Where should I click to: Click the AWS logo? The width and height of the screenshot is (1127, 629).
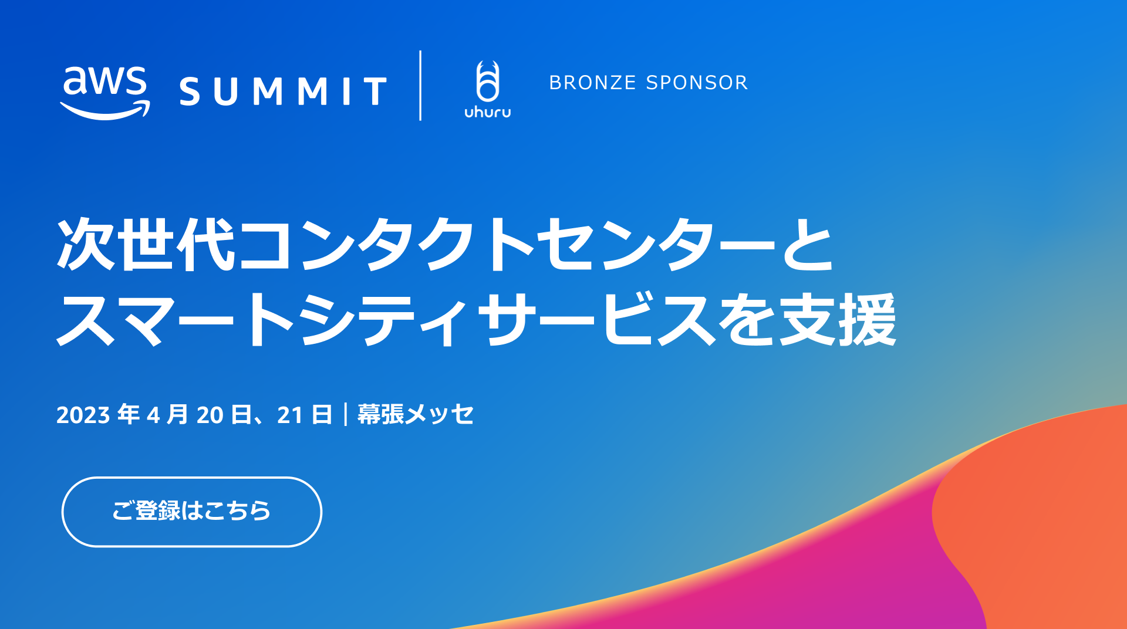click(105, 93)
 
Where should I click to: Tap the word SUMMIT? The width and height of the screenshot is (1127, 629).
click(283, 92)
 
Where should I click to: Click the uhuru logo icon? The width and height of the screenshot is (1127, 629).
click(488, 81)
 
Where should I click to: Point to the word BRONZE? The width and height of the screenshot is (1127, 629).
click(592, 83)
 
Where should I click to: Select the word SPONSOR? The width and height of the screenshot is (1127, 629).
click(697, 83)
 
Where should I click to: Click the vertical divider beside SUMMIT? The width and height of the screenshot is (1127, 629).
click(420, 86)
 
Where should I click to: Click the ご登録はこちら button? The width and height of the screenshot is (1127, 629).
click(192, 512)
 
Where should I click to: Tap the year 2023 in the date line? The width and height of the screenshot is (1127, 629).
click(83, 415)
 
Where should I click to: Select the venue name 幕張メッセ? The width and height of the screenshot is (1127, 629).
click(415, 414)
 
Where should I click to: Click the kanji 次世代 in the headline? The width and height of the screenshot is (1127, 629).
click(146, 244)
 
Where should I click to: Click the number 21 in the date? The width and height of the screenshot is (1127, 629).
click(289, 415)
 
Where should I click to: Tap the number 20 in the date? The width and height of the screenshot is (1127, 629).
click(210, 415)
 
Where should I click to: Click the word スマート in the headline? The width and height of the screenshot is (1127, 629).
click(176, 320)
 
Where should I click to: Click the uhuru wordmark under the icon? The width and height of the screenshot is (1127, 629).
click(488, 112)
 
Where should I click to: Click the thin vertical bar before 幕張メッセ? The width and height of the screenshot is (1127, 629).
click(345, 414)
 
